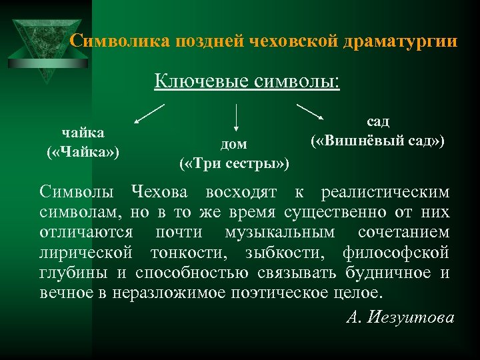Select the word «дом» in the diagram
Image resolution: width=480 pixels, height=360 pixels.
[233, 144]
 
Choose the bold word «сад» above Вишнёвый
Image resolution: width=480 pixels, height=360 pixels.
[377, 122]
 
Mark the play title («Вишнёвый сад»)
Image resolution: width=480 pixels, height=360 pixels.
[377, 141]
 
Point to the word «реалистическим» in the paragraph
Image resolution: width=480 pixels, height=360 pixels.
[385, 193]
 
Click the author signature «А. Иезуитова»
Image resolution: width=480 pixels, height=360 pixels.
[400, 317]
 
